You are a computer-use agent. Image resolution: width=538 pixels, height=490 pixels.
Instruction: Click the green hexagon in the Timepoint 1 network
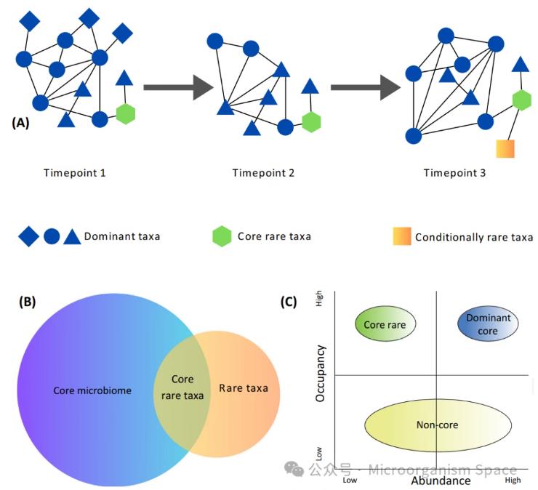coord(126,114)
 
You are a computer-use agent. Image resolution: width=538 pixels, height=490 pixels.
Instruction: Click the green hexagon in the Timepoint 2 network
coord(311,122)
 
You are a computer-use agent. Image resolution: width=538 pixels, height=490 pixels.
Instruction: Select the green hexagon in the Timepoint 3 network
coord(521,100)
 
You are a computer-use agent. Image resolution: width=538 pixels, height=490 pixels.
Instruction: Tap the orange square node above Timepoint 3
coord(505,148)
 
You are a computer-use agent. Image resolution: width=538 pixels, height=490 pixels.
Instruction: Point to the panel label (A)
coord(20,123)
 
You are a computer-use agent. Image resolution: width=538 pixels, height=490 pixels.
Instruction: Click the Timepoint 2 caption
coord(263,173)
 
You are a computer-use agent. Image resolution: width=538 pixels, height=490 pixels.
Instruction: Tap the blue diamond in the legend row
coord(28,237)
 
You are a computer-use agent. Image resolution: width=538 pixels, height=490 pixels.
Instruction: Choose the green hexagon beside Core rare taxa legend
coord(222,237)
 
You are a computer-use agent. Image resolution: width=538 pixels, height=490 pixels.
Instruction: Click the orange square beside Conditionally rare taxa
coord(401,237)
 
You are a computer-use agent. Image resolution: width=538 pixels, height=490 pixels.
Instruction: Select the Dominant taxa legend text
coord(122,236)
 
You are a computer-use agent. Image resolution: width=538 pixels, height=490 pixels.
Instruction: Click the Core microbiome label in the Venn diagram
coord(92,390)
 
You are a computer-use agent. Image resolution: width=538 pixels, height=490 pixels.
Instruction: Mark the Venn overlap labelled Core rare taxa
coord(182,387)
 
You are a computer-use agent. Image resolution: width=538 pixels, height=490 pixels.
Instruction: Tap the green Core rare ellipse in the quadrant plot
coord(385,324)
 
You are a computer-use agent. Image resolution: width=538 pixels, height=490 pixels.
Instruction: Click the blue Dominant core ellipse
coord(489,324)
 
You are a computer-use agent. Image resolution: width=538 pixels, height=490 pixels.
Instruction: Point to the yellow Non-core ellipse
coord(437,425)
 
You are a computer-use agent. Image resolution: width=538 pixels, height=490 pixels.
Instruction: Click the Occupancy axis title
coord(321,374)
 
